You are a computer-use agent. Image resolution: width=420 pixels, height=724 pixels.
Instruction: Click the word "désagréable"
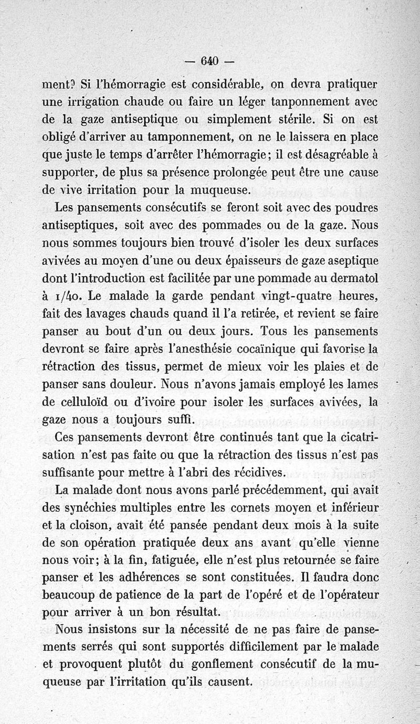click(328, 155)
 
